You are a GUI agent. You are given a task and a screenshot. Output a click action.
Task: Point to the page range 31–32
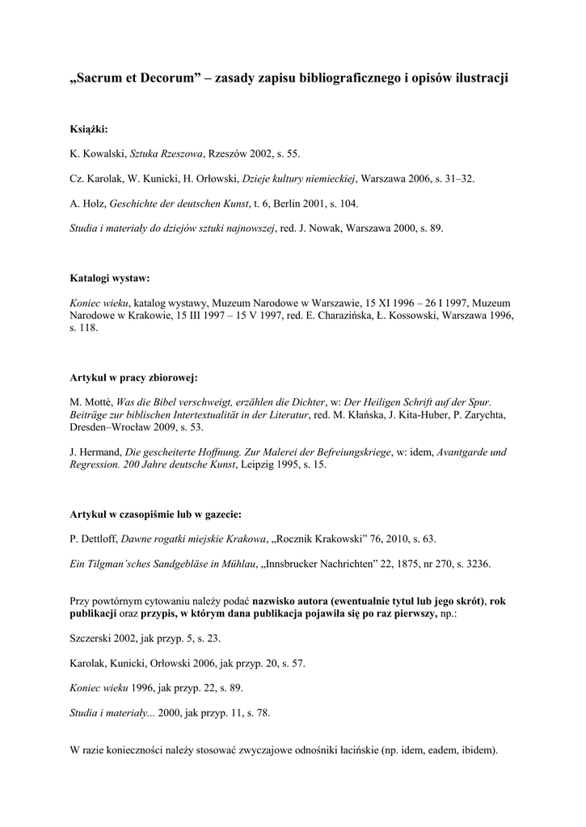(457, 178)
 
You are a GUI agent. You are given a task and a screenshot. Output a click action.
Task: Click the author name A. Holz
(86, 204)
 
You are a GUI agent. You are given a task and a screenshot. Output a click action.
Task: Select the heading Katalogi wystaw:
(110, 279)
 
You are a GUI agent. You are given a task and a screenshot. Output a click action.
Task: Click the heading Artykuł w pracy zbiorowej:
(134, 377)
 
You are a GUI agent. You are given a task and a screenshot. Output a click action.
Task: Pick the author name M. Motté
(91, 402)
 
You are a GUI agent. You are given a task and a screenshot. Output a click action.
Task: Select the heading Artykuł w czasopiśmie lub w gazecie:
(156, 513)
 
